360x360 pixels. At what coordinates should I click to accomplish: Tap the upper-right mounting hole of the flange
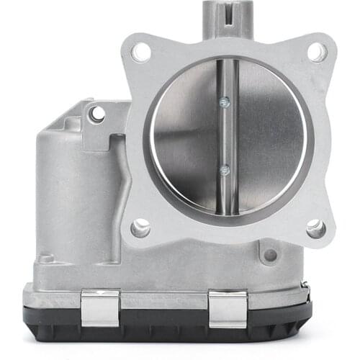pos(316,51)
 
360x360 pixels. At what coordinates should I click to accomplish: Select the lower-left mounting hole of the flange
pos(140,228)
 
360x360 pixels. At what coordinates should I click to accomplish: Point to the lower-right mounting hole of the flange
pos(315,229)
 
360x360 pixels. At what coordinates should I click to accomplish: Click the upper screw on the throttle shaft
pos(225,101)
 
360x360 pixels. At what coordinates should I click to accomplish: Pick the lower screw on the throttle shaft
pos(225,170)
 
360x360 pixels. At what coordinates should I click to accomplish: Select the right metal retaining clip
pos(228,307)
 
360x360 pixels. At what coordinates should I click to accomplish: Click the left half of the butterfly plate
pos(184,137)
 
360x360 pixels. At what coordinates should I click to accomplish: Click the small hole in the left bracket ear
pos(96,114)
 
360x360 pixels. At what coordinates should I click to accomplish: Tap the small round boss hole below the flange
pos(271,255)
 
